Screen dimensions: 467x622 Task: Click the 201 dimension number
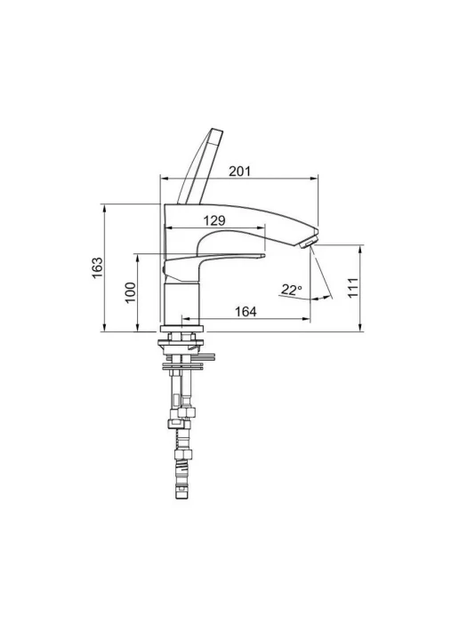pyautogui.click(x=240, y=171)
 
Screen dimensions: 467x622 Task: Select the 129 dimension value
pyautogui.click(x=214, y=220)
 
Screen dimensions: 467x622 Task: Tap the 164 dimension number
pyautogui.click(x=246, y=311)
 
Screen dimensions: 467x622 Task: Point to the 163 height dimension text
pyautogui.click(x=97, y=268)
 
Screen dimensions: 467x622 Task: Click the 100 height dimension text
pyautogui.click(x=131, y=292)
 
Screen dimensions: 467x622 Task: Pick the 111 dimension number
pyautogui.click(x=353, y=288)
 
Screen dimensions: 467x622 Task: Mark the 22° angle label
pyautogui.click(x=292, y=290)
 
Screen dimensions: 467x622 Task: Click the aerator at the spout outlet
pyautogui.click(x=309, y=242)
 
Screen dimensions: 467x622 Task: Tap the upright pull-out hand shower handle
pyautogui.click(x=200, y=166)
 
